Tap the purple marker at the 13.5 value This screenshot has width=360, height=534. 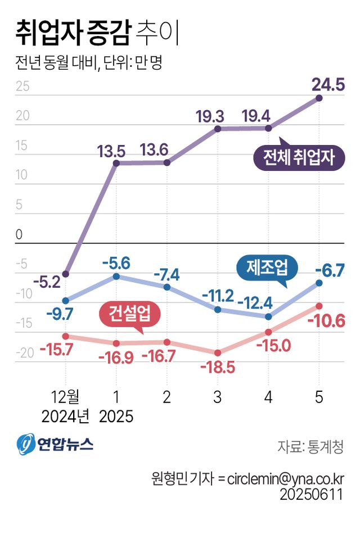[116, 164]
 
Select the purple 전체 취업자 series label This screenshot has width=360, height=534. [298, 158]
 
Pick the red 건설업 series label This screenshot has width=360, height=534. [130, 314]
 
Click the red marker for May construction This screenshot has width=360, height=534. [319, 306]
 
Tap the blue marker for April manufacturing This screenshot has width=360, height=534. [268, 316]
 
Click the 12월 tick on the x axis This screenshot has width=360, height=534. [66, 397]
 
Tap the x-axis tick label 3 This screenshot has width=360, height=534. [218, 397]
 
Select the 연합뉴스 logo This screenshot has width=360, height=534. [55, 445]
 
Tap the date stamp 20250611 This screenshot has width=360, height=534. [311, 495]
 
